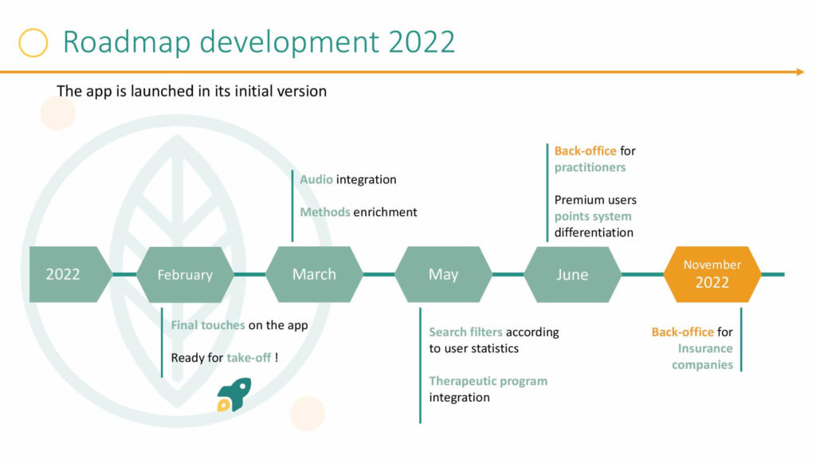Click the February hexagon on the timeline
point(185,274)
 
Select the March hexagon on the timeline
point(314,274)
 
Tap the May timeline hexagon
point(443,274)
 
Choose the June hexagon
point(572,274)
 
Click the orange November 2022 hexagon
point(712,274)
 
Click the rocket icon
point(234,395)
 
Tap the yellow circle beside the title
point(33,43)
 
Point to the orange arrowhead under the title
point(800,72)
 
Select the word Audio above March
point(316,179)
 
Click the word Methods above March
point(325,212)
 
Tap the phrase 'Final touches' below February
point(208,325)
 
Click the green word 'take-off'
point(249,358)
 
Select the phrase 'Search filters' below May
point(465,332)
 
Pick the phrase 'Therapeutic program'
point(488,382)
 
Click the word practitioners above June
point(590,167)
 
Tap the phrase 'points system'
point(593,217)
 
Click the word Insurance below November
point(705,349)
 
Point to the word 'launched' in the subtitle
point(161,91)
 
